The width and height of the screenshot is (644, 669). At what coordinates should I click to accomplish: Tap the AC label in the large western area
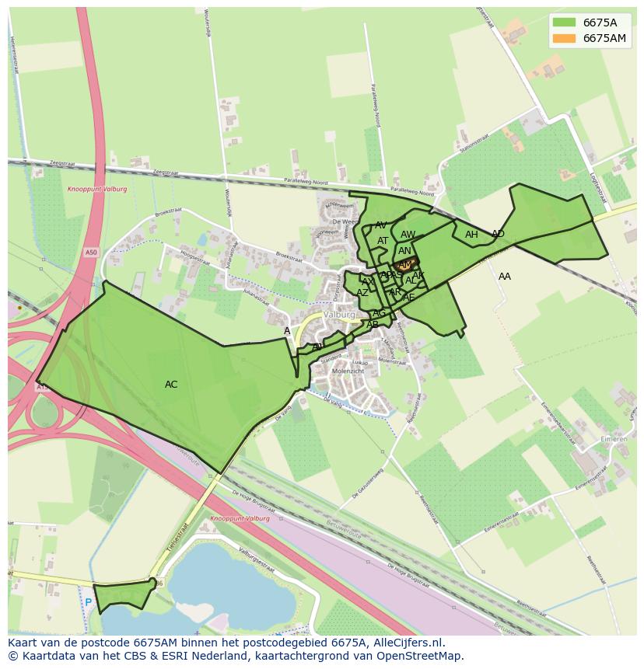171,385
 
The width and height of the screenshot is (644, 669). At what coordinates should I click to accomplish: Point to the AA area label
505,277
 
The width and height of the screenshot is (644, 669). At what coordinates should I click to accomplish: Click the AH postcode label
471,235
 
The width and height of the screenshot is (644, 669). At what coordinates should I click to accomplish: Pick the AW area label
408,235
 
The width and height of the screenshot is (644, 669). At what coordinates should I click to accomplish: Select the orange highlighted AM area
405,265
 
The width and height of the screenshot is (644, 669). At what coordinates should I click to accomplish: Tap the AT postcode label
383,241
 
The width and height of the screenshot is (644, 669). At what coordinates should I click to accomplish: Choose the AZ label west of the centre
362,293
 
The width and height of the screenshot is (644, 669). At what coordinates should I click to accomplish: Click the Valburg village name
339,315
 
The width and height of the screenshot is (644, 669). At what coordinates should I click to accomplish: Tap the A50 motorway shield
93,253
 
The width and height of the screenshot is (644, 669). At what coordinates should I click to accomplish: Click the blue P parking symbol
88,602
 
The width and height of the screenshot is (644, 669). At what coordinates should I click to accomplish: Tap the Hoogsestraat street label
195,257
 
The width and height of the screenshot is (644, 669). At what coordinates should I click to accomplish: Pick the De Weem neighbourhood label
342,222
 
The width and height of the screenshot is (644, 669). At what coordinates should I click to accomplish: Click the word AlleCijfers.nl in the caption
408,643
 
